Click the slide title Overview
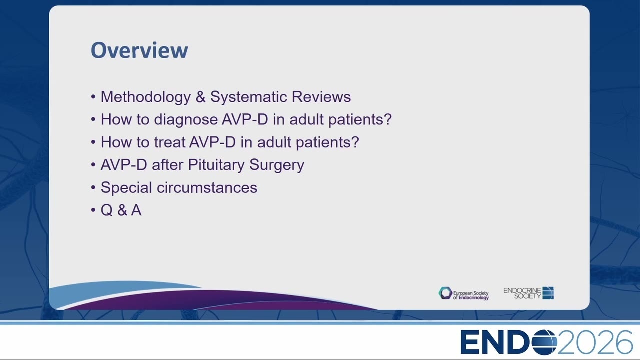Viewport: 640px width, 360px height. [x=139, y=50]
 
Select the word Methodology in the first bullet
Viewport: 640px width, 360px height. [x=145, y=97]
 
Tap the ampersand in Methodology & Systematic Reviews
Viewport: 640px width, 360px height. [x=200, y=97]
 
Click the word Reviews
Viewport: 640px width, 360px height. [x=321, y=97]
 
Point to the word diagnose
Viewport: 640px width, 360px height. [x=186, y=119]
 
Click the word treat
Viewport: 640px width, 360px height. [x=169, y=142]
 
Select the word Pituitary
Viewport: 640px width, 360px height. [x=216, y=165]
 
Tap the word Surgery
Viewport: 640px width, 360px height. [x=277, y=165]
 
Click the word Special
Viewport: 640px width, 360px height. [x=126, y=188]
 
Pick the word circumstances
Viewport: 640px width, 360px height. [x=207, y=187]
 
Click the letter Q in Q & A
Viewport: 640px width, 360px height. [x=106, y=210]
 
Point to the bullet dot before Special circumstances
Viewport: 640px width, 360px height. [x=93, y=187]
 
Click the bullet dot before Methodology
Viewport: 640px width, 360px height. [x=93, y=97]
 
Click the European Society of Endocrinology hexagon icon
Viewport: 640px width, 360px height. [x=445, y=293]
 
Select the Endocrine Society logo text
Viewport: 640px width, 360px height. [x=522, y=293]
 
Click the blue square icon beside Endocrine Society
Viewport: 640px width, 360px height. [x=548, y=293]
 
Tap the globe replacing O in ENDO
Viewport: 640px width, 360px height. [x=545, y=342]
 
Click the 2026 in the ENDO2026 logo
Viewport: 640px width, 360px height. [x=595, y=342]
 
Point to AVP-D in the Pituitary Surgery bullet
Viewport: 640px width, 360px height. [x=124, y=165]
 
